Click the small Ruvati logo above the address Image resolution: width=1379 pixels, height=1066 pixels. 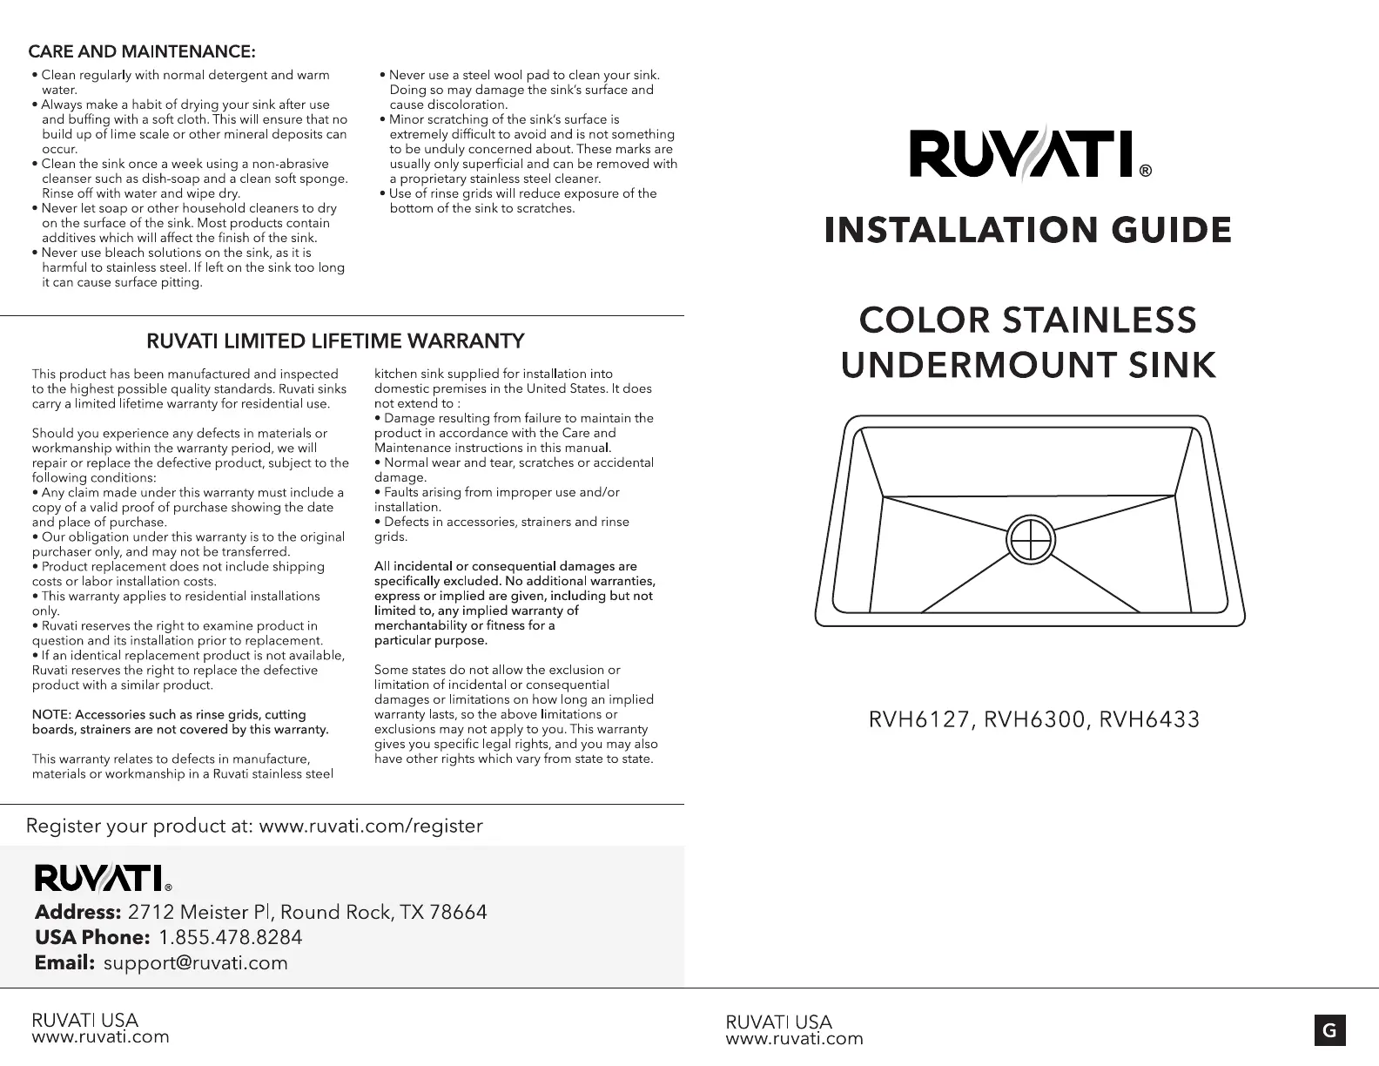(98, 877)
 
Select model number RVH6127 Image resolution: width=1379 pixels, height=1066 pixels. (919, 720)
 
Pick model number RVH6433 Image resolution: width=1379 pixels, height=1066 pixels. (1149, 720)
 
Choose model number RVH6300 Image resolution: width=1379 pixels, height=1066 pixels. (1034, 720)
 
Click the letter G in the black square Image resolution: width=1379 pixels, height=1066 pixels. (1329, 1031)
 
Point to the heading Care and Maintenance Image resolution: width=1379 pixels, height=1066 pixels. (142, 53)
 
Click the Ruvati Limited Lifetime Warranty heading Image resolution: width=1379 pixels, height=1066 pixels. (335, 340)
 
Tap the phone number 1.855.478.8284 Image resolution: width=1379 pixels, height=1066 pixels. (231, 937)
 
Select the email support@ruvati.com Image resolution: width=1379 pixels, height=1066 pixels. (195, 962)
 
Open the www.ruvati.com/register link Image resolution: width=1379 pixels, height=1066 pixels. (371, 826)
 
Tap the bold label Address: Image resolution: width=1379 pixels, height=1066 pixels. (77, 912)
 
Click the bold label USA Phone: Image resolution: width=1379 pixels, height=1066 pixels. (92, 937)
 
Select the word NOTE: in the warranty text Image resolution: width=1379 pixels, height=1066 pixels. (50, 715)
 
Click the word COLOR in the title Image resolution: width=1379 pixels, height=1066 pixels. (924, 320)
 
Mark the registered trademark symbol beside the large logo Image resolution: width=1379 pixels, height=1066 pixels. (1146, 172)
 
